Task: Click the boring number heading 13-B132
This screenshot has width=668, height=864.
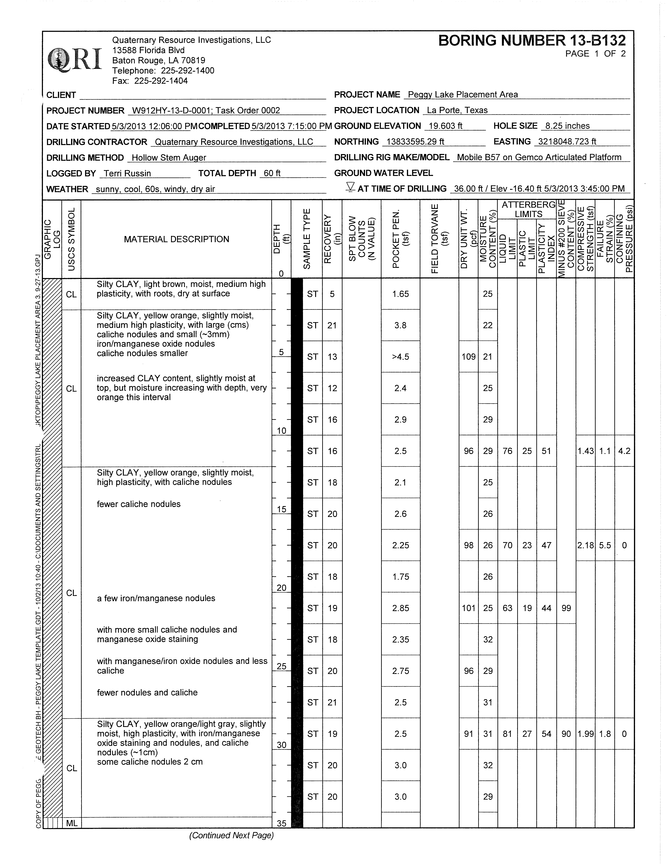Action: click(x=532, y=40)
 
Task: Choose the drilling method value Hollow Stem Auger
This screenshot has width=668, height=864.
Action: click(x=169, y=158)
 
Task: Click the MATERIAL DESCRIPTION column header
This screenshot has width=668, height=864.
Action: click(x=176, y=239)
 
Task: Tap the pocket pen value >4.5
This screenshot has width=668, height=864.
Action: click(x=400, y=357)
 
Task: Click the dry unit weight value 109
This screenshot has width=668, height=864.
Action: click(x=468, y=357)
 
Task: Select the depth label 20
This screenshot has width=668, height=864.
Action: click(x=281, y=588)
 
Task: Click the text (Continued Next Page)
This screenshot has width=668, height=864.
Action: click(x=231, y=835)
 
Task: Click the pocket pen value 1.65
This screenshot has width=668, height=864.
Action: click(x=400, y=294)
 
